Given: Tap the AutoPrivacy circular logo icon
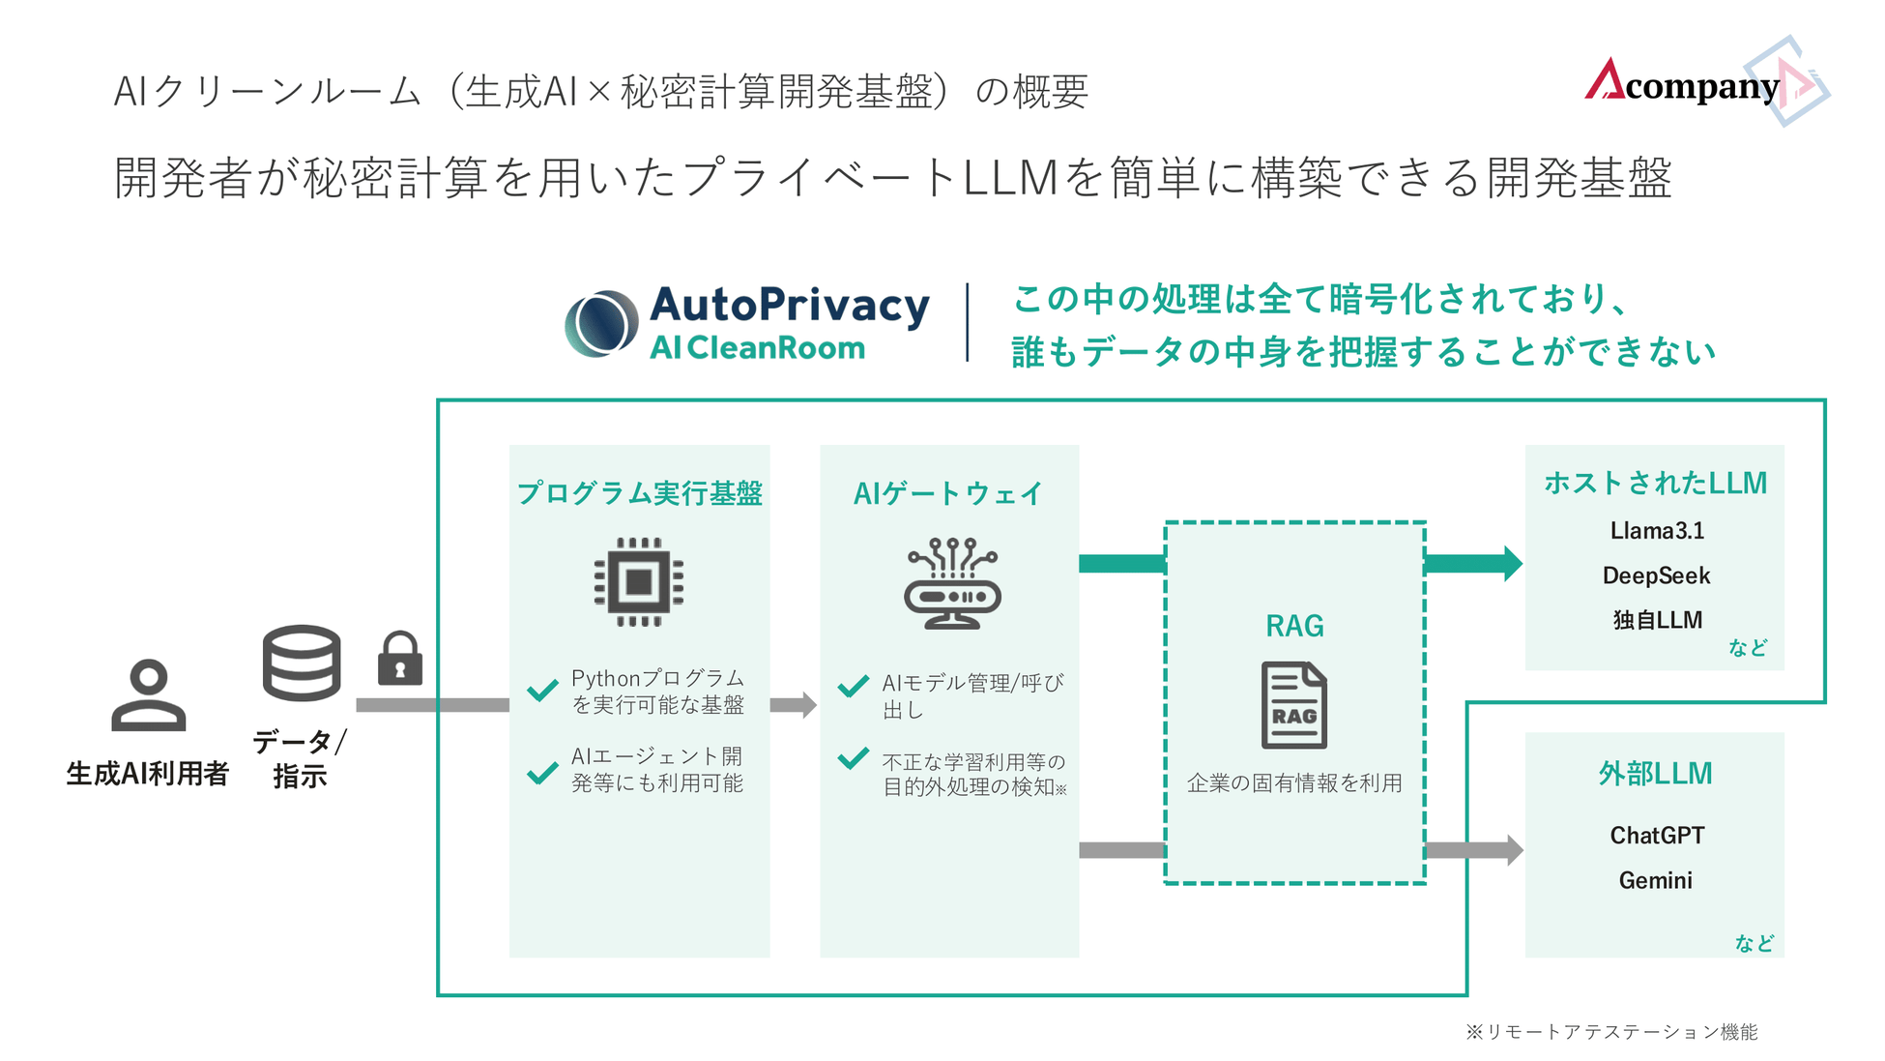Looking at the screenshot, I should pyautogui.click(x=601, y=323).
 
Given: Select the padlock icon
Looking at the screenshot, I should pyautogui.click(x=399, y=660).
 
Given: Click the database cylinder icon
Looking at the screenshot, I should pyautogui.click(x=302, y=663).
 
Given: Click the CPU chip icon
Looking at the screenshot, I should pyautogui.click(x=639, y=582).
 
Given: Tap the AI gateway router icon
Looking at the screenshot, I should pyautogui.click(x=952, y=583).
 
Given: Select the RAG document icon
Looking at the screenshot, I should pyautogui.click(x=1294, y=705).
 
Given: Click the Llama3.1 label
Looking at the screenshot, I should pyautogui.click(x=1656, y=530).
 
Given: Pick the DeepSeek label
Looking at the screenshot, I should pyautogui.click(x=1656, y=575).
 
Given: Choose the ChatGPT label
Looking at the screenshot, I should pyautogui.click(x=1656, y=835).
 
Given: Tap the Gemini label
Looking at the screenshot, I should pyautogui.click(x=1655, y=880).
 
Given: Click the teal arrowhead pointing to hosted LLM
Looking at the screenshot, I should pyautogui.click(x=1511, y=563).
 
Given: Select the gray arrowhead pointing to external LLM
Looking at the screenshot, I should pyautogui.click(x=1513, y=850).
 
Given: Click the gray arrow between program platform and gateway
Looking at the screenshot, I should pyautogui.click(x=794, y=704).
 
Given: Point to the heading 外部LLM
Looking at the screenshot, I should pyautogui.click(x=1655, y=773).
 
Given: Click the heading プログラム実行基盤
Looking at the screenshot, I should pyautogui.click(x=640, y=493).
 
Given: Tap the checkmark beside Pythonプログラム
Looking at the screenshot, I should pyautogui.click(x=542, y=690).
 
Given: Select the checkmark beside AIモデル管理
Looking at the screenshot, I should pyautogui.click(x=853, y=687).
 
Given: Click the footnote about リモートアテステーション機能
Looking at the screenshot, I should pyautogui.click(x=1611, y=1032).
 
